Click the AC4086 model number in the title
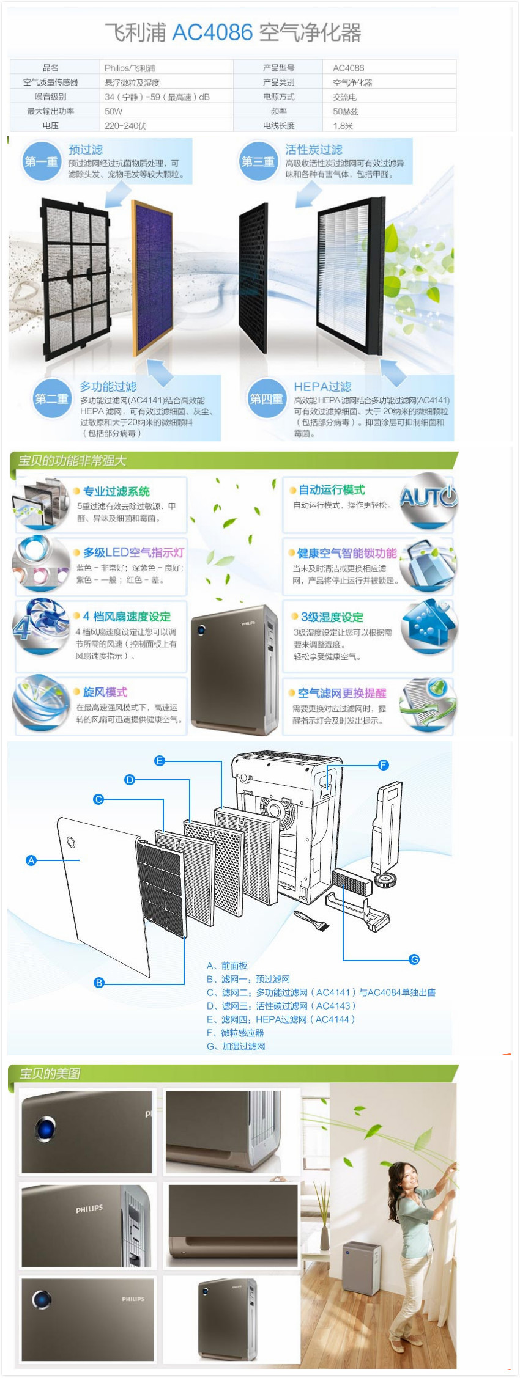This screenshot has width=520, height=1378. pyautogui.click(x=212, y=32)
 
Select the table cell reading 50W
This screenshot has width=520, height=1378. pyautogui.click(x=114, y=111)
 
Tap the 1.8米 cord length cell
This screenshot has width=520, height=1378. pyautogui.click(x=343, y=126)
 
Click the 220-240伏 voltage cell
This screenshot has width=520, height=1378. pyautogui.click(x=125, y=126)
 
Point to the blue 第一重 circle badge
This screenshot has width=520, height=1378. pyautogui.click(x=41, y=161)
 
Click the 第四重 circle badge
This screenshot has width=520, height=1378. pyautogui.click(x=266, y=399)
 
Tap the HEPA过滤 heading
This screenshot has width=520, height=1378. pyautogui.click(x=322, y=387)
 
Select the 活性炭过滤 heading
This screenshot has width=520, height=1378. pyautogui.click(x=313, y=150)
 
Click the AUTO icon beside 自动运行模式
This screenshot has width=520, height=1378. pyautogui.click(x=428, y=497)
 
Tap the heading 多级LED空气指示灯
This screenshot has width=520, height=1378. pyautogui.click(x=133, y=552)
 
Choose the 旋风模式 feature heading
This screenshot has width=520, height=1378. pyautogui.click(x=105, y=692)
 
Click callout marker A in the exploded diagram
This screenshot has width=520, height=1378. pyautogui.click(x=31, y=860)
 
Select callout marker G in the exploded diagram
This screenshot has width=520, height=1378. pyautogui.click(x=414, y=959)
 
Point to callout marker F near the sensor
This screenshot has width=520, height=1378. pyautogui.click(x=384, y=765)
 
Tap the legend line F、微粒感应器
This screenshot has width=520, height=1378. pyautogui.click(x=236, y=1033)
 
